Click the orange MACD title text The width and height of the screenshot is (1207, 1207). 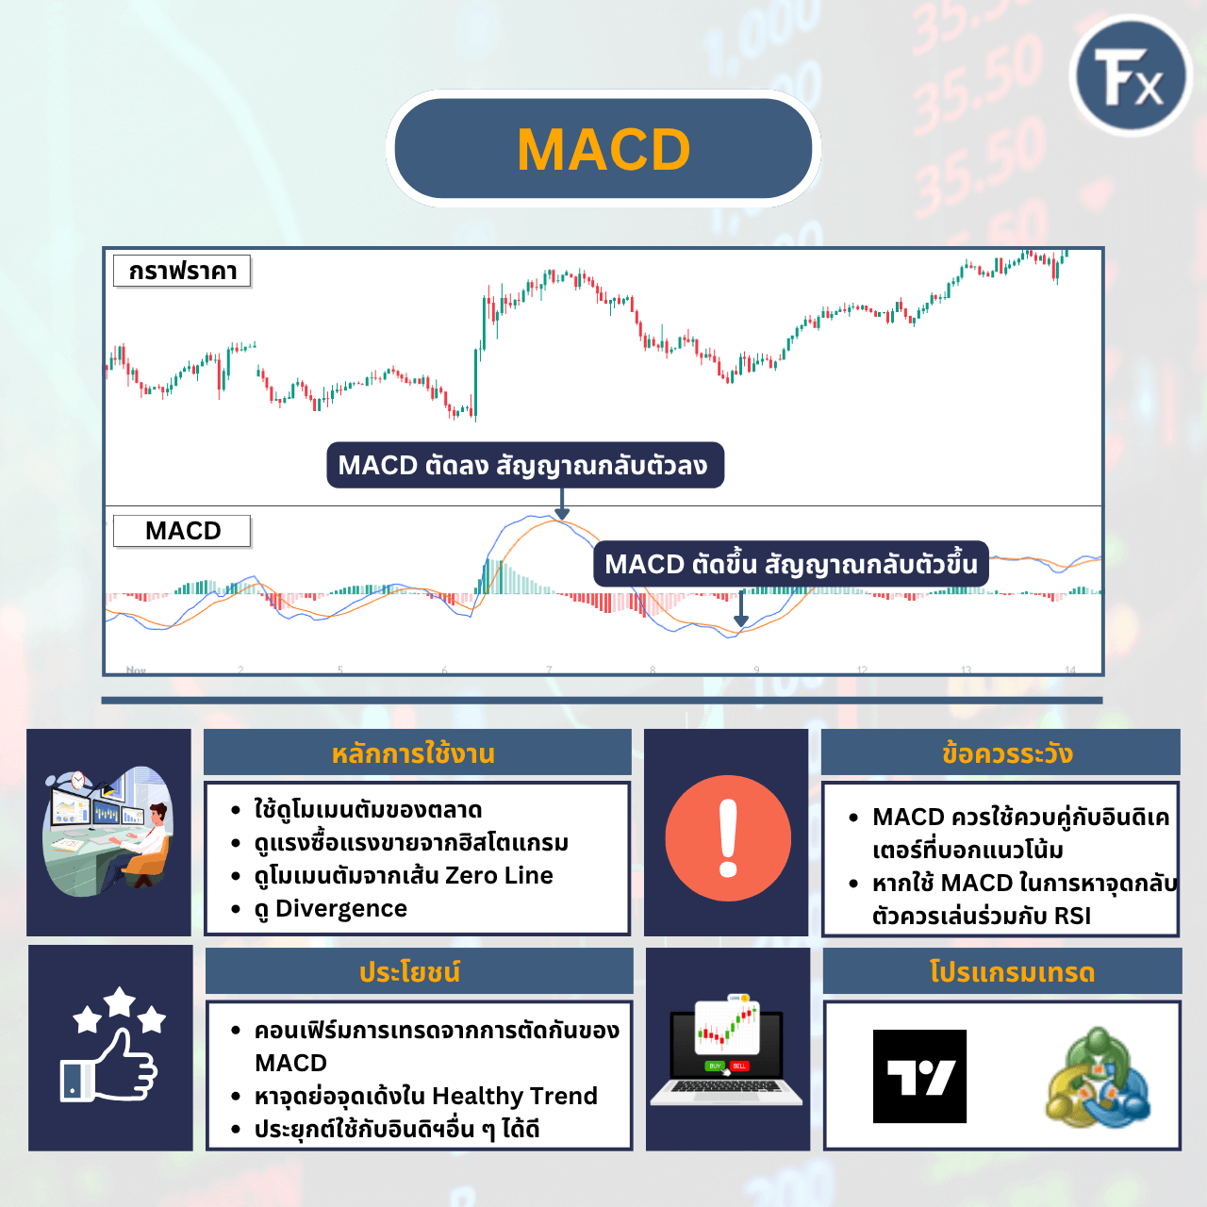603,150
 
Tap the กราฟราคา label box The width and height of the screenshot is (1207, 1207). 183,272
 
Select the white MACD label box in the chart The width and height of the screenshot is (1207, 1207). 183,531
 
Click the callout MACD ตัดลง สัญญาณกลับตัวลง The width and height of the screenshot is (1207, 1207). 524,466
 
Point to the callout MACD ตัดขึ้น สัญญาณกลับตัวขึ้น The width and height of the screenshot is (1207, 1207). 790,564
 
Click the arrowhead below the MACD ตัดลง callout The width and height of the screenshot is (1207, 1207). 562,513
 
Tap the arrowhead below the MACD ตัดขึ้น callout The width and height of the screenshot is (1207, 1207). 741,620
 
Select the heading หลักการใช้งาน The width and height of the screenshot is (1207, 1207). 413,753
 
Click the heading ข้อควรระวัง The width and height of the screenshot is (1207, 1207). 1007,753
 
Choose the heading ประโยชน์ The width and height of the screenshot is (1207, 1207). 410,972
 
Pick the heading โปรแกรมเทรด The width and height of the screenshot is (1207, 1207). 1012,972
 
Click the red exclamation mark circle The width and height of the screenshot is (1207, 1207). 728,838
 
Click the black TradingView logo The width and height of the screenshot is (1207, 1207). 919,1076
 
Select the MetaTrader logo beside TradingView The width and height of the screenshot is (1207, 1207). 1098,1077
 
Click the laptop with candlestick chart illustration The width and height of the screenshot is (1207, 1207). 726,1050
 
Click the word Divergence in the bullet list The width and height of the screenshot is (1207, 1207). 341,908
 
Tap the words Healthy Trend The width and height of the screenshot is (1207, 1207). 514,1096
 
